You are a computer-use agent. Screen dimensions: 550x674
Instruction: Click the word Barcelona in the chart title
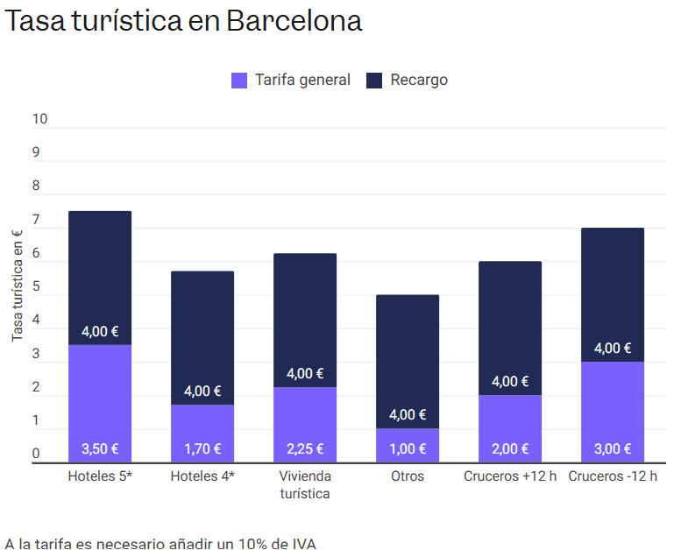294,21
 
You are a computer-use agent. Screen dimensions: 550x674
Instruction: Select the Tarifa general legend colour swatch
239,81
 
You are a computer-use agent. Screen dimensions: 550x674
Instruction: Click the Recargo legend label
419,80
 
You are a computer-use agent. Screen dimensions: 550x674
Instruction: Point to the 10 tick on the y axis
39,119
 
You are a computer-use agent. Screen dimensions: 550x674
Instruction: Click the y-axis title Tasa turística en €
17,285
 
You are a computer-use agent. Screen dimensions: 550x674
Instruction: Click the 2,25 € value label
305,449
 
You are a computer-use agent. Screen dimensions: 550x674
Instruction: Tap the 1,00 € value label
408,449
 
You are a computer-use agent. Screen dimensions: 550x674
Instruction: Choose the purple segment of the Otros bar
408,438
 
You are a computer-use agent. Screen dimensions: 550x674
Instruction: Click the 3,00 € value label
613,449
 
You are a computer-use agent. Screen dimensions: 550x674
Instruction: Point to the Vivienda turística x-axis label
305,484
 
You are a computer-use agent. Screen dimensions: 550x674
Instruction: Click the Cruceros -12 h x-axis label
613,476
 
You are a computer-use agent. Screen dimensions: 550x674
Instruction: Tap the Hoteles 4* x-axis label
202,476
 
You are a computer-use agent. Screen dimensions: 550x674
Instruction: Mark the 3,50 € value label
100,449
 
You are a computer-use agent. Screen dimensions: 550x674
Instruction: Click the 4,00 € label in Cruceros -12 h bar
613,349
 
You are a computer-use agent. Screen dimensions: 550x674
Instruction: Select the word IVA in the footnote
302,543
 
